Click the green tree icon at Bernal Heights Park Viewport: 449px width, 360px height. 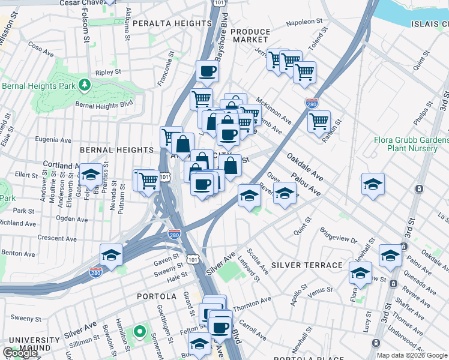click(x=85, y=83)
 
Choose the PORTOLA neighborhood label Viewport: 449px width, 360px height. click(x=157, y=296)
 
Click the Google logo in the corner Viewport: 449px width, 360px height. click(x=20, y=353)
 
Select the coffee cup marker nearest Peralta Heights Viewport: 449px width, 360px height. click(x=207, y=71)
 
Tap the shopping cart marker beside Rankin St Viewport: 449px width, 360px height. click(x=319, y=121)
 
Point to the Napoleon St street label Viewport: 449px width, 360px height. click(x=309, y=22)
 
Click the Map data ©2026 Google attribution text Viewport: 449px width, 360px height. click(x=412, y=355)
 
